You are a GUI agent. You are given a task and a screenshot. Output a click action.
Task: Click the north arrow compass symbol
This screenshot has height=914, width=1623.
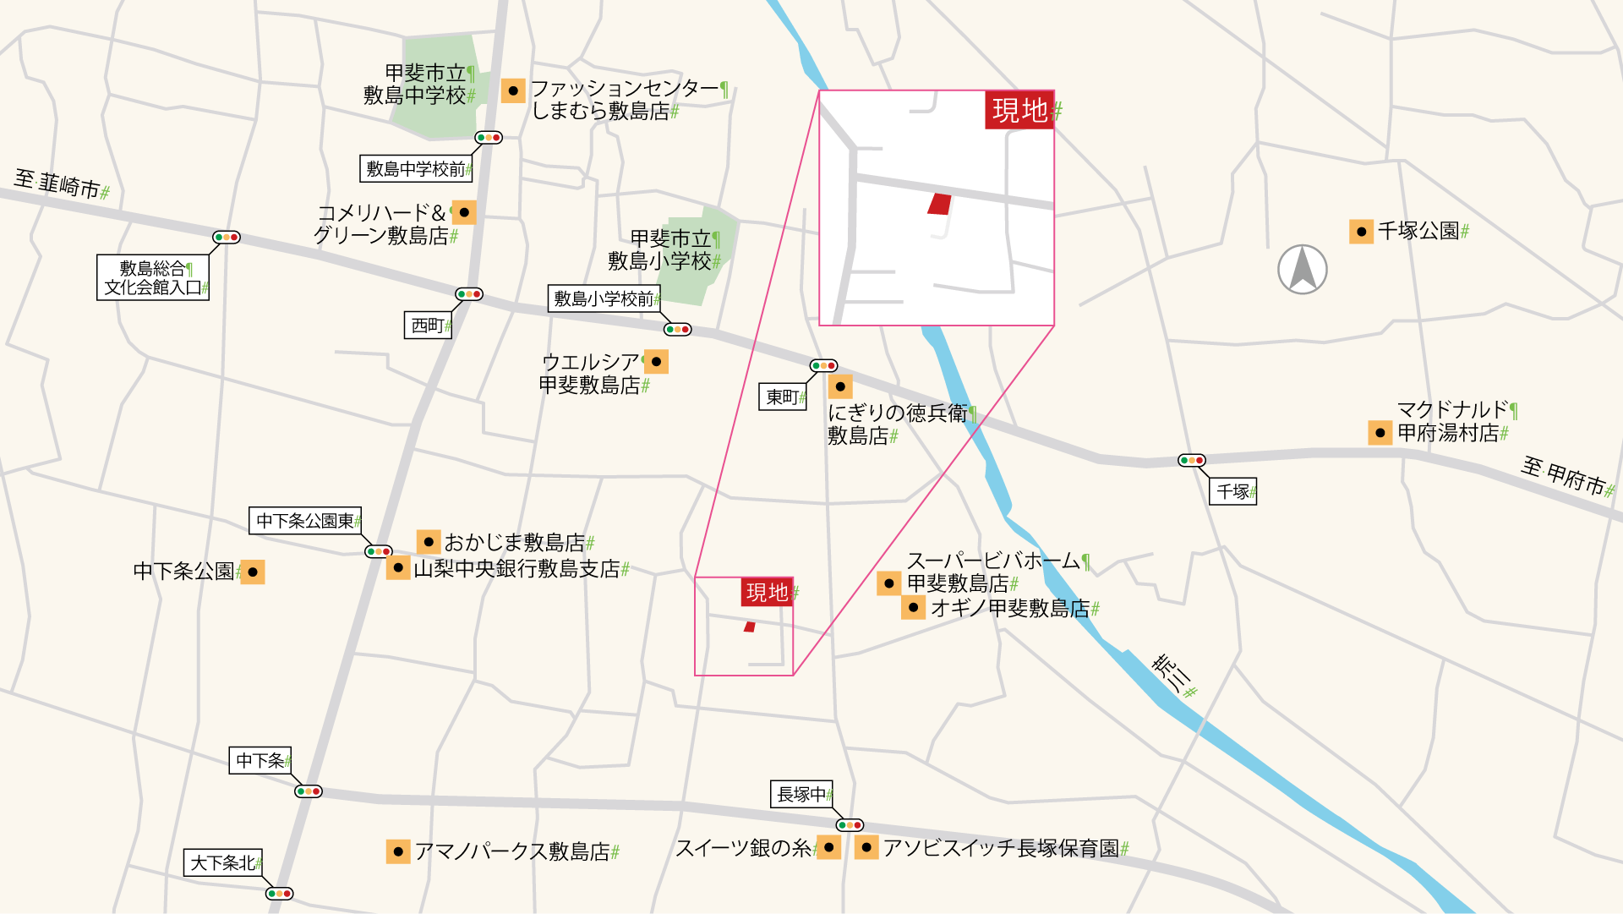tap(1302, 270)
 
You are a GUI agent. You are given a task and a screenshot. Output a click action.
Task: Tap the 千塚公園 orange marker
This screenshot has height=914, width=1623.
tap(1361, 232)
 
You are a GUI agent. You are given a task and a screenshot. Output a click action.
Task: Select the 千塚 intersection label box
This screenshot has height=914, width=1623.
tap(1234, 491)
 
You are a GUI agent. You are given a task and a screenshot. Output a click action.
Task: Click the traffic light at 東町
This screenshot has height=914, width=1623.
tap(823, 366)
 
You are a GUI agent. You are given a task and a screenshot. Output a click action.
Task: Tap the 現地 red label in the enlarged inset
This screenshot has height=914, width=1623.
tap(1019, 110)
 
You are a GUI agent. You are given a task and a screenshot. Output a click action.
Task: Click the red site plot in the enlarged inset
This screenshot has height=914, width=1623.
tap(939, 204)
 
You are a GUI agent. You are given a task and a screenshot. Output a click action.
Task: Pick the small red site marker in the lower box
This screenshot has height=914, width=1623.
tap(749, 627)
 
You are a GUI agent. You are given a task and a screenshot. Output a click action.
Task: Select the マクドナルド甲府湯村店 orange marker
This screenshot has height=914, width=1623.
tap(1380, 433)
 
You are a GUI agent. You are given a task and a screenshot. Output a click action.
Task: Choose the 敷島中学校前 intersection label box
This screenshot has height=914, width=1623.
tap(416, 169)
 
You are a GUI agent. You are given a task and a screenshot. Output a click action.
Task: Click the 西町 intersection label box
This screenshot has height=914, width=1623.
tap(429, 326)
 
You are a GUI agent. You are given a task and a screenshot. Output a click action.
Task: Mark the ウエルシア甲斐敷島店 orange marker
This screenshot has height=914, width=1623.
tap(656, 362)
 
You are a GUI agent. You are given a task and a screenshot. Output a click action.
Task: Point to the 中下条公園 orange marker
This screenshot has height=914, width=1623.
tap(253, 572)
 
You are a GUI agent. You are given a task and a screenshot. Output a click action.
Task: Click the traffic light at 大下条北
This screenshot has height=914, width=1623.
tap(279, 894)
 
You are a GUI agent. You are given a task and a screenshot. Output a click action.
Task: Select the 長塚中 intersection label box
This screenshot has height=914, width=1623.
tap(801, 794)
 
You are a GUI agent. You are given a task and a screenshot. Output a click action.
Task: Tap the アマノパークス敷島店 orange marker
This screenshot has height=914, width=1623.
tap(398, 851)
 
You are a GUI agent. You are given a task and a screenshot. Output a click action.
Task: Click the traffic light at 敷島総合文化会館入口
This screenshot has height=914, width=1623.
tap(227, 238)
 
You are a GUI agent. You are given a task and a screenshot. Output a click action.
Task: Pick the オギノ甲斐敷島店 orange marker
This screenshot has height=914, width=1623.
tap(913, 608)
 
